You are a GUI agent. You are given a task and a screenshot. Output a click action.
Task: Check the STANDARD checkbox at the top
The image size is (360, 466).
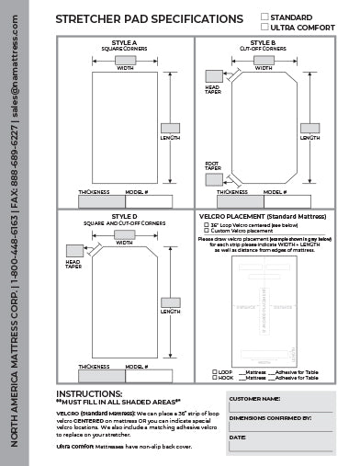(264, 17)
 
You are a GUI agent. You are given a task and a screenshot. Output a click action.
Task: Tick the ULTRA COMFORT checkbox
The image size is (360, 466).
(264, 26)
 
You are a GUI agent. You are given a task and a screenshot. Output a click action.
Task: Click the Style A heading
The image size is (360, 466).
(125, 41)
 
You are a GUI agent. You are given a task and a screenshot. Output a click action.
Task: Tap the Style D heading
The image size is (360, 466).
(125, 216)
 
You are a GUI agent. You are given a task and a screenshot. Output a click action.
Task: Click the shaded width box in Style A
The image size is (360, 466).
(124, 57)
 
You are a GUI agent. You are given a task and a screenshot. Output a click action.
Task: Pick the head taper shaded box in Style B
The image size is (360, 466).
(213, 75)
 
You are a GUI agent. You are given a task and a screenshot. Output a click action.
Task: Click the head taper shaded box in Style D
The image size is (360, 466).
(73, 250)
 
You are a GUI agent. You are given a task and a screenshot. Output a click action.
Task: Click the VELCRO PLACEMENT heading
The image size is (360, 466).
(258, 217)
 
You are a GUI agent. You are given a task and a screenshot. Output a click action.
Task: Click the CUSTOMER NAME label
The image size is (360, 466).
(254, 401)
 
